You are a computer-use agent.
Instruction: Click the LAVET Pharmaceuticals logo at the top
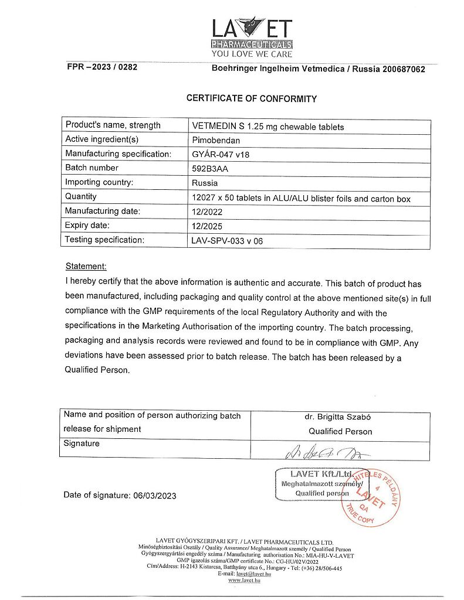point(252,32)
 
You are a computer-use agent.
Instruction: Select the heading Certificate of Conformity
point(252,98)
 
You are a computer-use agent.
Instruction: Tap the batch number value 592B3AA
point(209,168)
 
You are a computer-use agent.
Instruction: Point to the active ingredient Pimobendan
point(216,140)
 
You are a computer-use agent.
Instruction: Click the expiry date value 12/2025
point(207,226)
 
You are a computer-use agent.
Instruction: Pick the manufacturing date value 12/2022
point(207,212)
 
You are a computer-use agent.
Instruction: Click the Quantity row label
point(81,197)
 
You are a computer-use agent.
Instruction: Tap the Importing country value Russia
point(205,183)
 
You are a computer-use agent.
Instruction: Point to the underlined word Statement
point(86,266)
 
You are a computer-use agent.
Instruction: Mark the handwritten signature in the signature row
point(322,452)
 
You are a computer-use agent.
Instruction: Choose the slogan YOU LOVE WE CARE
point(252,54)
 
